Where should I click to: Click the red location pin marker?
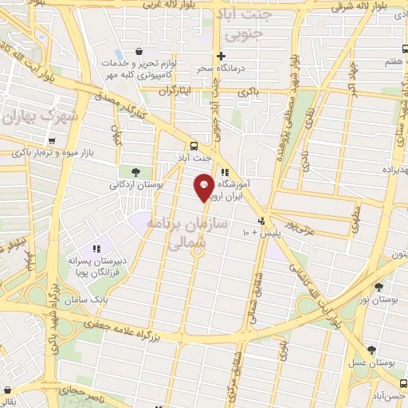[204, 187]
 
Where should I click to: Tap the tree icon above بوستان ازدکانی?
[135, 171]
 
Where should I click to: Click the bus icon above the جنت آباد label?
[194, 145]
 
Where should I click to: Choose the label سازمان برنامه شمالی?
[186, 232]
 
